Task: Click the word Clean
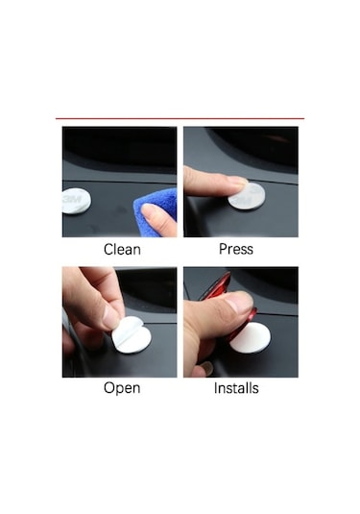click(x=122, y=249)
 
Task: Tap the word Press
click(x=236, y=249)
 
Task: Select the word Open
click(x=122, y=388)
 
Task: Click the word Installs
click(x=236, y=388)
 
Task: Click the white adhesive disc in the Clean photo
click(x=76, y=201)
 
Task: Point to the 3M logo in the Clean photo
click(x=72, y=199)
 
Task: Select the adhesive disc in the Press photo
click(x=247, y=197)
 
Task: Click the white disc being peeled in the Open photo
click(x=132, y=335)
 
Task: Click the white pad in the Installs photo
click(x=251, y=338)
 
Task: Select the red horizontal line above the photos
click(x=180, y=118)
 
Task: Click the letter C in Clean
click(x=108, y=250)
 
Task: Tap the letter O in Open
click(x=109, y=387)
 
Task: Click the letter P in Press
click(x=223, y=249)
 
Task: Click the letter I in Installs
click(x=216, y=388)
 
